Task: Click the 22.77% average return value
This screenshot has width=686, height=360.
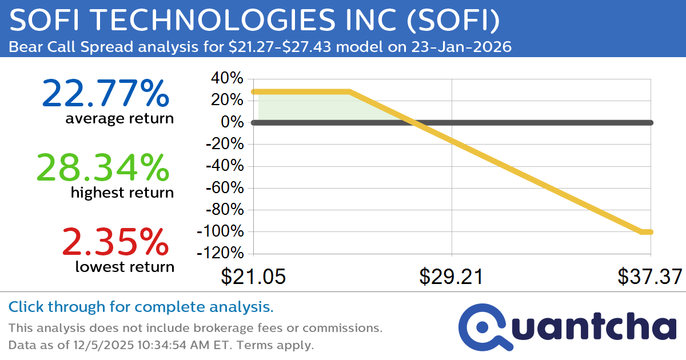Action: pos(105,94)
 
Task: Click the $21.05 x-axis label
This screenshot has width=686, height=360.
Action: pos(253,277)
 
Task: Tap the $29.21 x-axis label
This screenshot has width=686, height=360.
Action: pos(452,277)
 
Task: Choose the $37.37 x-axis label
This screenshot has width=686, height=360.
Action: pos(649,277)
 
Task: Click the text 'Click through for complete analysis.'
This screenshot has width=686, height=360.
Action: pos(141,307)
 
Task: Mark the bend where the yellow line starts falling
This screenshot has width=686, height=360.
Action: pos(349,91)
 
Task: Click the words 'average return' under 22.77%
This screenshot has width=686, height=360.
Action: pos(119,119)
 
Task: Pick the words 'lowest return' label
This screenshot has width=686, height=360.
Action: pos(124,266)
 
